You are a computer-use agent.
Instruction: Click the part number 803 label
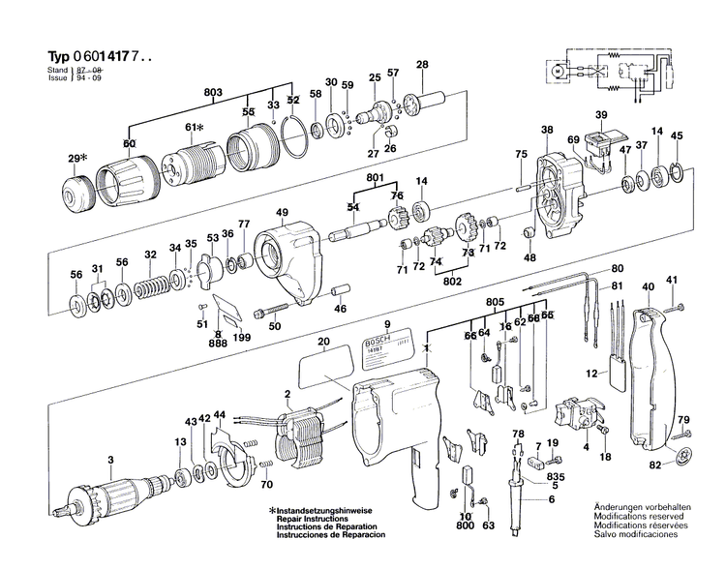pos(214,92)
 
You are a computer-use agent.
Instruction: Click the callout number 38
pos(547,130)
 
